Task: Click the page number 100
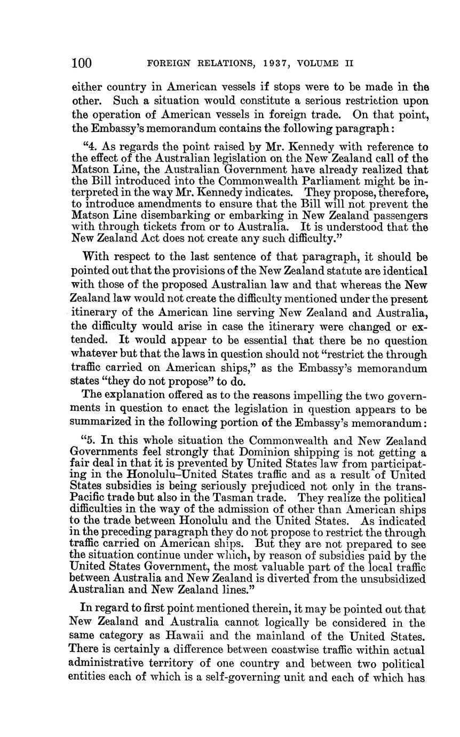click(82, 64)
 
